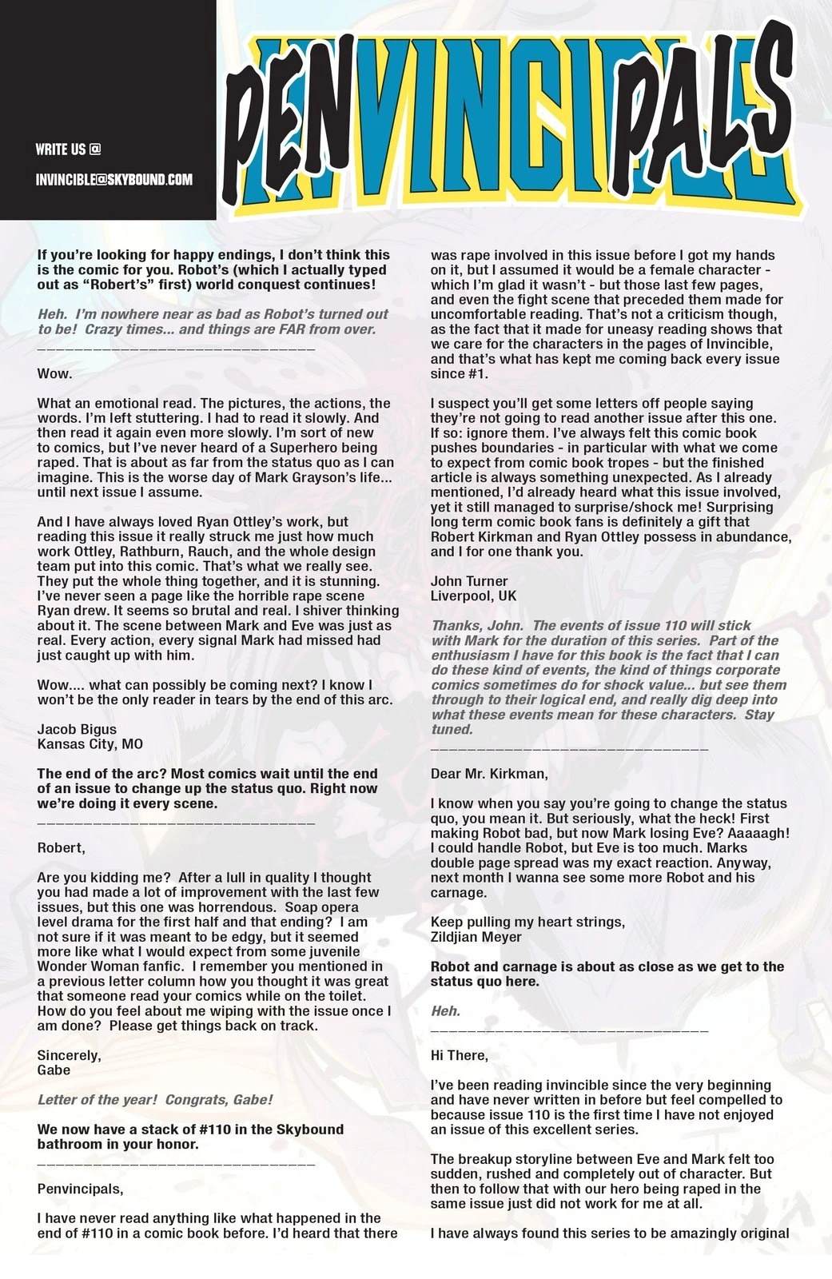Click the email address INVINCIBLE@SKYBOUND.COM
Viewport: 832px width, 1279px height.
(x=114, y=179)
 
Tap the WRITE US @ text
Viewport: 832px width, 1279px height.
(x=69, y=149)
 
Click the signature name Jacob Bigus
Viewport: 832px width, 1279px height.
(x=77, y=729)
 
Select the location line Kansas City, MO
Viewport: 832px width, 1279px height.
(x=90, y=744)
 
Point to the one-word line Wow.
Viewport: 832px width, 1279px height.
(x=54, y=373)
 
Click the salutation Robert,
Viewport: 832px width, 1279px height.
(x=61, y=847)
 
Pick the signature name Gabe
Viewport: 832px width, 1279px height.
(x=54, y=1070)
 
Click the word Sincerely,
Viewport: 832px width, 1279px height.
(x=69, y=1055)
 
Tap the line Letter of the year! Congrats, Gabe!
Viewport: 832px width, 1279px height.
(x=155, y=1100)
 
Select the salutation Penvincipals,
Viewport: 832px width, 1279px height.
(x=80, y=1189)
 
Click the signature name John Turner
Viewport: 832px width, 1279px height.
(x=469, y=581)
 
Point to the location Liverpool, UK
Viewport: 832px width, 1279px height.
(x=473, y=596)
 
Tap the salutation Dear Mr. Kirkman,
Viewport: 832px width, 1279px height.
(x=489, y=774)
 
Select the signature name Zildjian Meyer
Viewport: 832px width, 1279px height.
(x=476, y=937)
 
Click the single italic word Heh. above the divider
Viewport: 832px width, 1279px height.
(x=445, y=1011)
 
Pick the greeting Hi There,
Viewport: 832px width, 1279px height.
(x=459, y=1055)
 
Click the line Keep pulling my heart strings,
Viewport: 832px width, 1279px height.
(x=527, y=922)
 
